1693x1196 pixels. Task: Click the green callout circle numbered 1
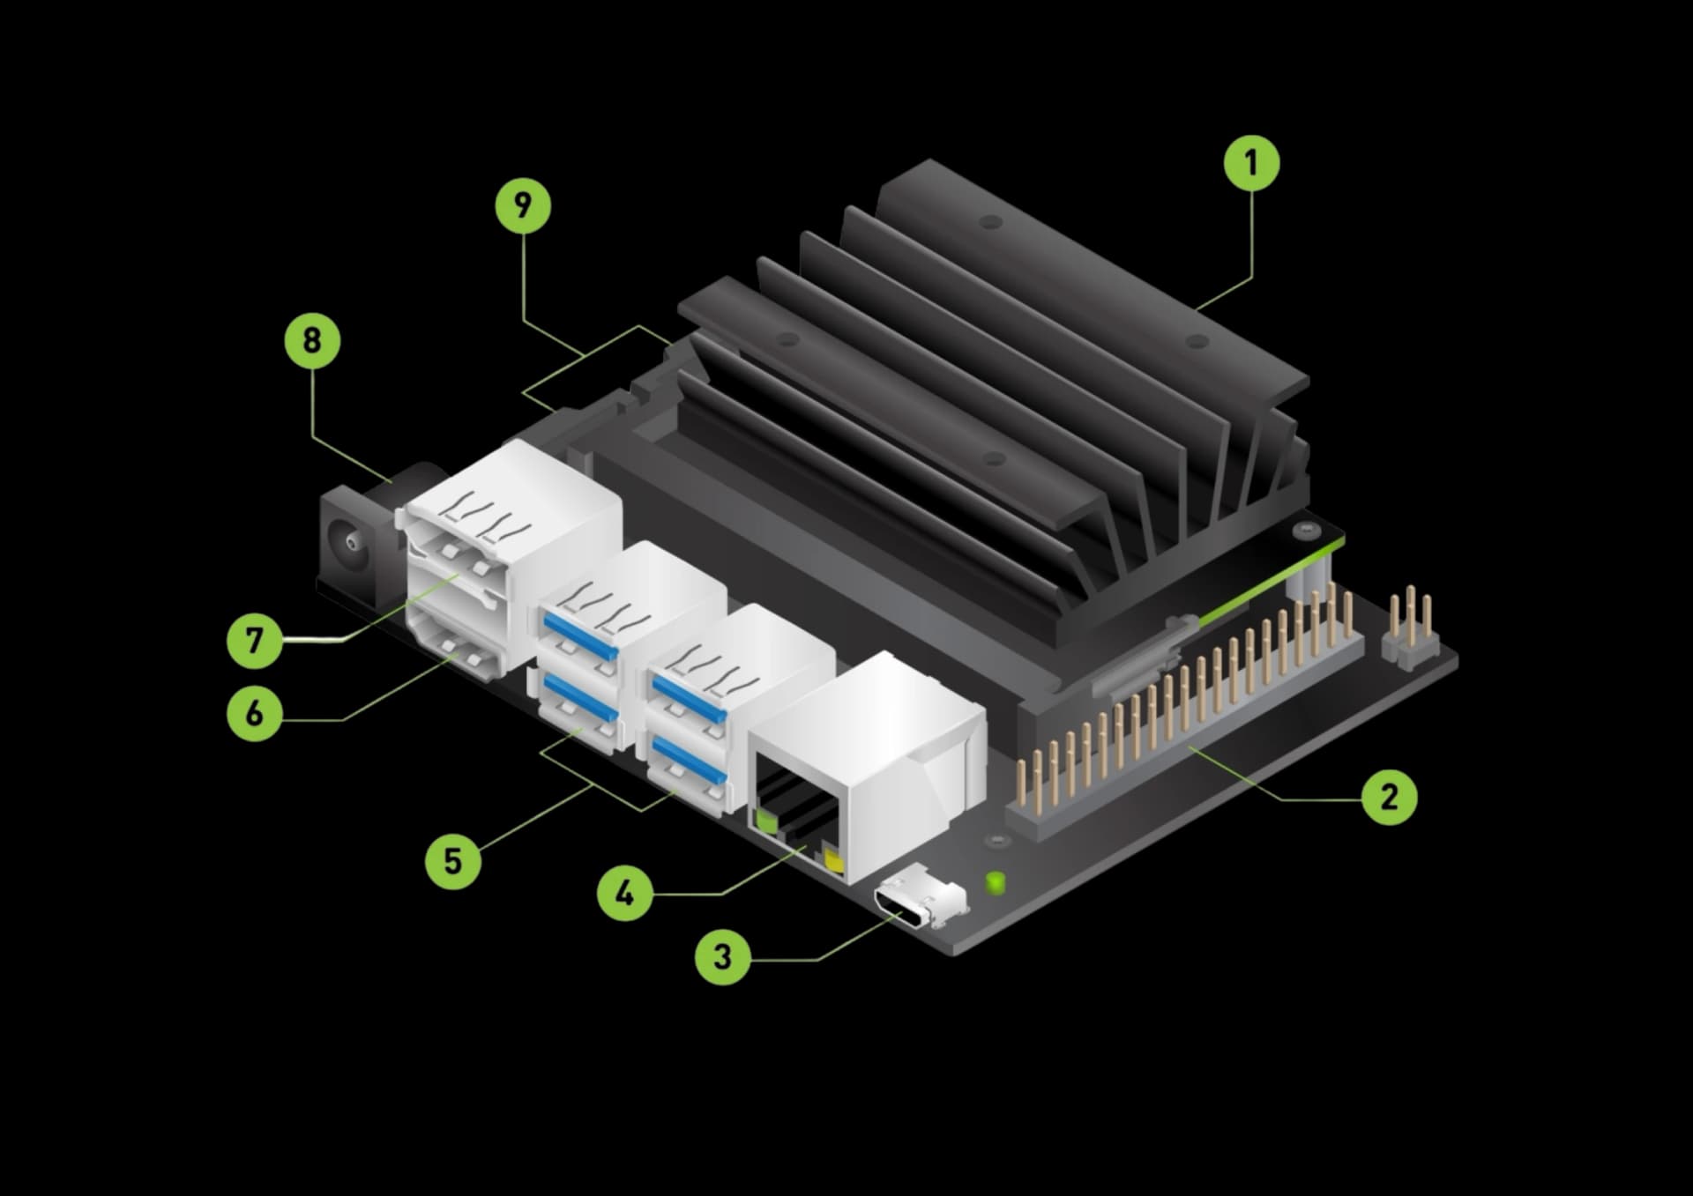coord(1250,163)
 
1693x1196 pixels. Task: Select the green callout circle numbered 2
coord(1389,798)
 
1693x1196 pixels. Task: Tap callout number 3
coord(722,956)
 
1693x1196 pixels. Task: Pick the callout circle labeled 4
coord(624,894)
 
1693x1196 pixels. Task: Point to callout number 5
coord(452,860)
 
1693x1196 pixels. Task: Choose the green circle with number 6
coord(255,712)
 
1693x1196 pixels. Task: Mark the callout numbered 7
coord(255,640)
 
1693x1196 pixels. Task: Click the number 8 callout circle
coord(312,340)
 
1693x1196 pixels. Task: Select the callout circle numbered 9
coord(523,206)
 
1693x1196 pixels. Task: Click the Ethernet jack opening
coord(794,806)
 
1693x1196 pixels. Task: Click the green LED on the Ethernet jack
coord(765,822)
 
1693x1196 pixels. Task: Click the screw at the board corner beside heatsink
coord(1303,531)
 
